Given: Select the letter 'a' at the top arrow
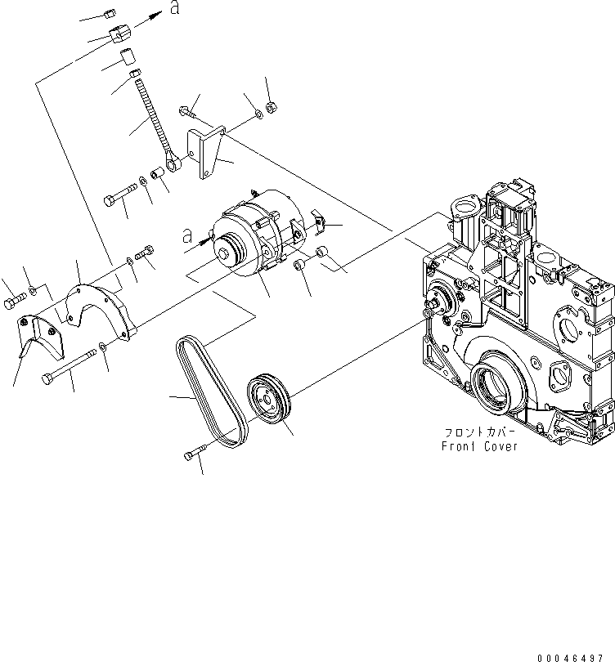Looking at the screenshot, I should (174, 9).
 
